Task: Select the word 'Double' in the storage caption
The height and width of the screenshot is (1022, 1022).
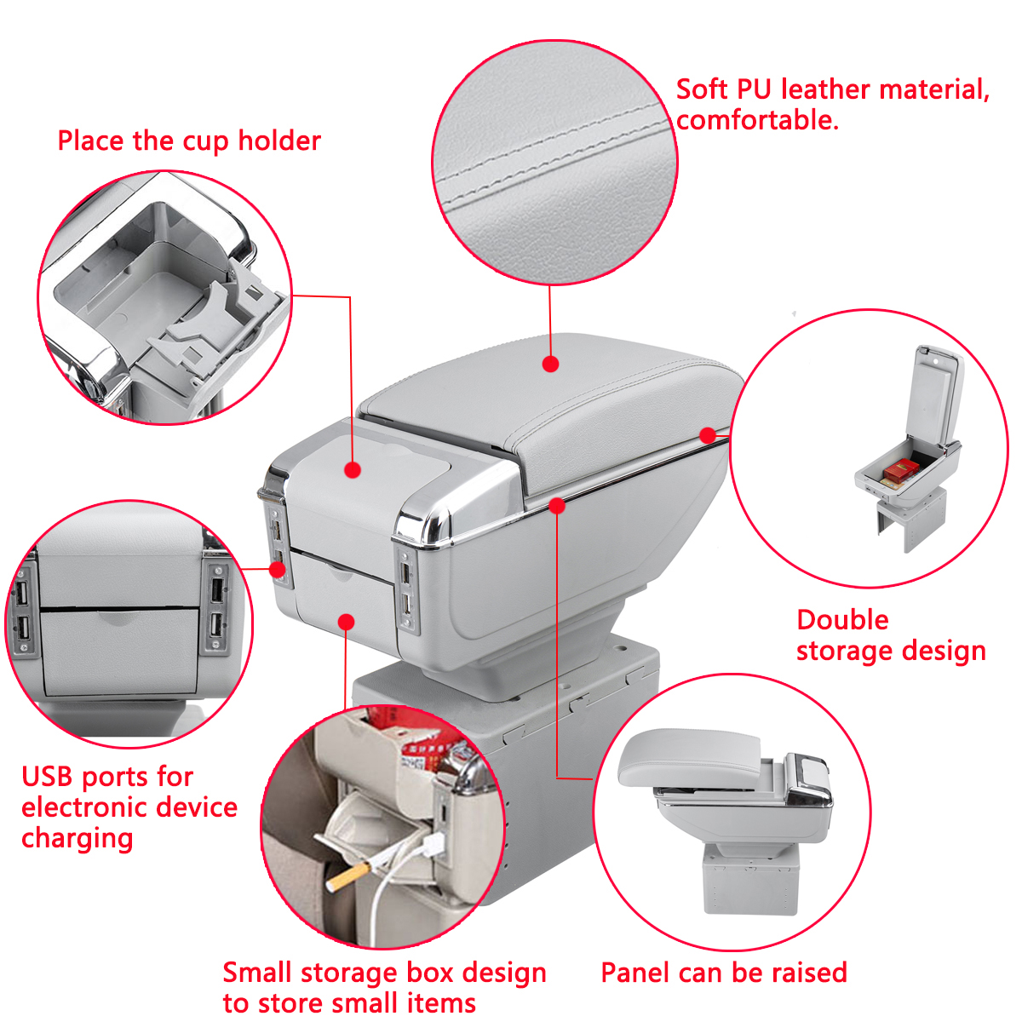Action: (x=842, y=620)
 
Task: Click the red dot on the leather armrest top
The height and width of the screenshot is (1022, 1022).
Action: (x=551, y=365)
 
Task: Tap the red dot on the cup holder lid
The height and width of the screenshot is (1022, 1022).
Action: (x=353, y=469)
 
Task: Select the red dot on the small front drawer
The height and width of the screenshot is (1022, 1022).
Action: (x=347, y=623)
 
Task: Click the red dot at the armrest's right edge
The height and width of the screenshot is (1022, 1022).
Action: (x=708, y=435)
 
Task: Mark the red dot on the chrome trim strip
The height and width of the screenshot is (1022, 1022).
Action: (x=557, y=506)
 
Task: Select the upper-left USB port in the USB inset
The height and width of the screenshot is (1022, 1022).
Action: (x=22, y=591)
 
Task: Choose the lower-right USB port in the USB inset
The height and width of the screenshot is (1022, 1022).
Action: (x=216, y=626)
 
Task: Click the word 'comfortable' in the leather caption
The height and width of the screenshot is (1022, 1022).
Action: (x=756, y=120)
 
